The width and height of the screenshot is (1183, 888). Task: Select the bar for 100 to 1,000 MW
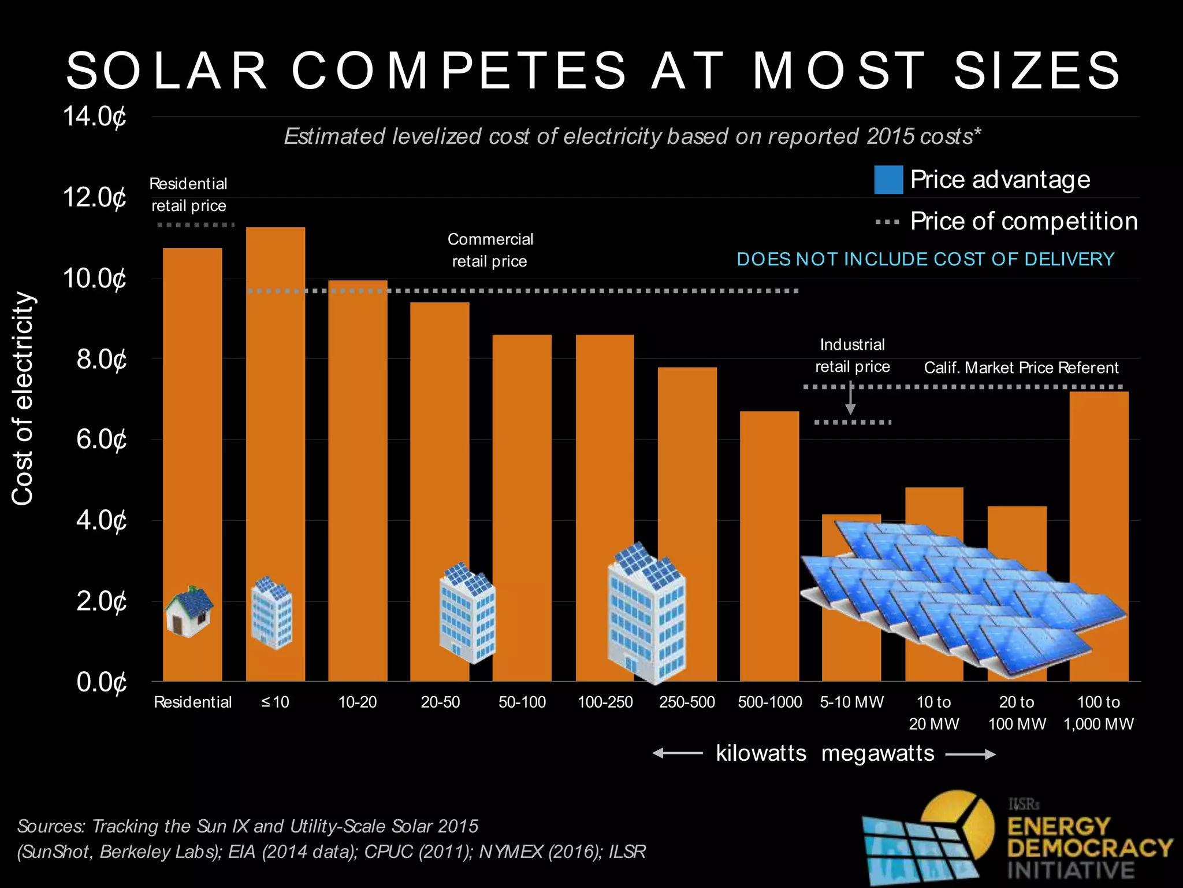click(x=1099, y=520)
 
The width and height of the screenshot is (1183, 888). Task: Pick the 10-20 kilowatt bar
click(x=358, y=480)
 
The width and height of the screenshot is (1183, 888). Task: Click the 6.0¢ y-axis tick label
click(x=101, y=440)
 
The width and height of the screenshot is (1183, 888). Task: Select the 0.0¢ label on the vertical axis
click(x=101, y=683)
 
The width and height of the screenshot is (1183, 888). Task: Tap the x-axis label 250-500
click(x=687, y=702)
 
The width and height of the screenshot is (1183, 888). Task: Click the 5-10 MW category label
click(x=852, y=702)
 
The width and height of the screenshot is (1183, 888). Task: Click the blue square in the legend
click(x=888, y=180)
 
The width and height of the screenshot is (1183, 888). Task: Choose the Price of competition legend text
click(x=1024, y=221)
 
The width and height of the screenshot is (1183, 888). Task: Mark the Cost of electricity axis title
click(x=23, y=398)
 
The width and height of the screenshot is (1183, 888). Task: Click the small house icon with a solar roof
click(x=189, y=612)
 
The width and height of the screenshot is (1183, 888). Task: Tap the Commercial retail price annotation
click(x=490, y=250)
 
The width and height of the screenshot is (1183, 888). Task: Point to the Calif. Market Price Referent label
click(x=1021, y=368)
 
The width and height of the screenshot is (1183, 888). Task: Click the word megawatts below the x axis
click(x=877, y=753)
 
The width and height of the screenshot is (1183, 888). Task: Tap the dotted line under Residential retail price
click(x=196, y=225)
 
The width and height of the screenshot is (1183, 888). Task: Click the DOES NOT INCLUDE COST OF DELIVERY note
click(x=925, y=259)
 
